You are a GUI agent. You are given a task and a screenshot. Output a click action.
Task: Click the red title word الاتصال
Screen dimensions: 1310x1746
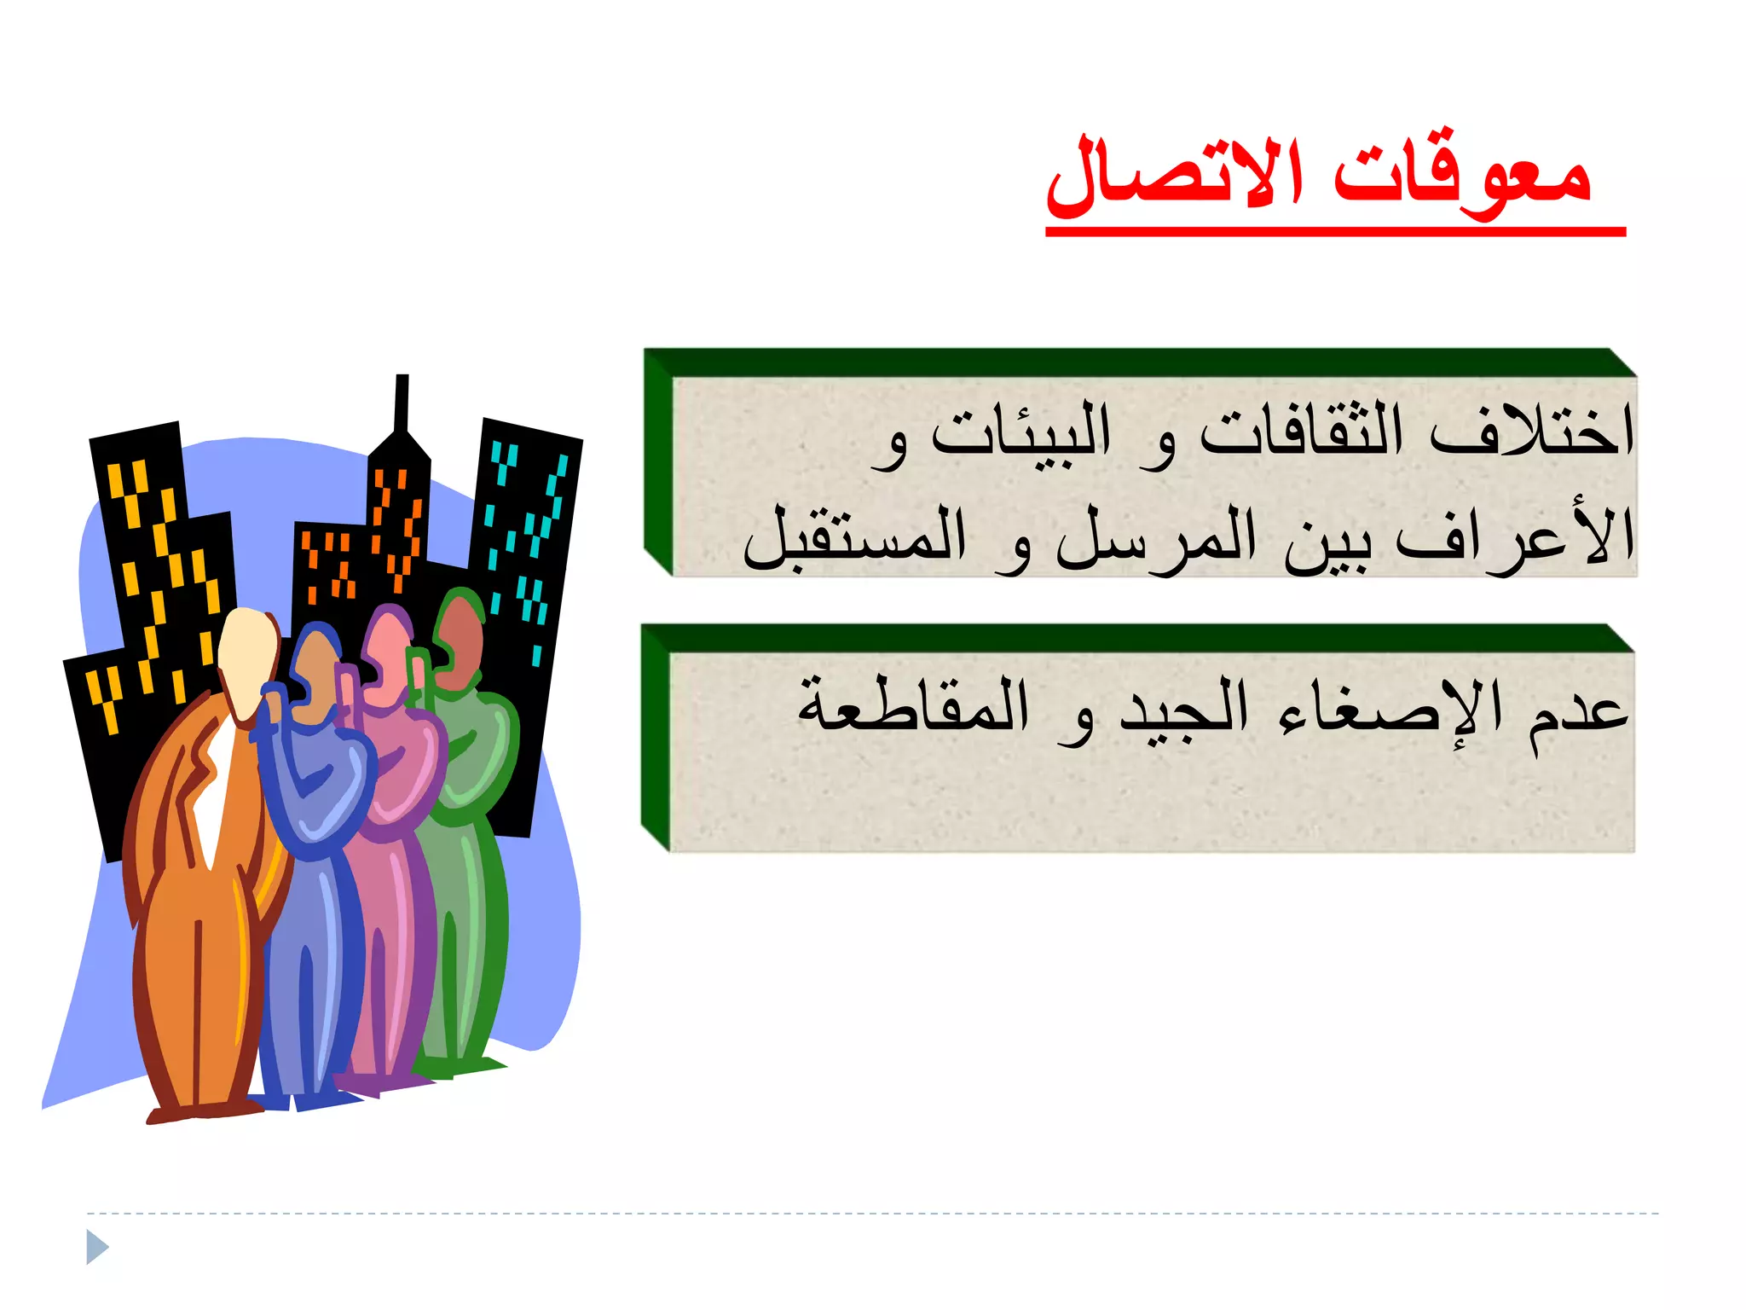click(1175, 176)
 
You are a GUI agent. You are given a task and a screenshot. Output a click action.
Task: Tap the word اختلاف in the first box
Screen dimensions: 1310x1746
click(1531, 432)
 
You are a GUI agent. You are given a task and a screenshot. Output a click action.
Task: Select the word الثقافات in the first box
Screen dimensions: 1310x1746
click(1301, 432)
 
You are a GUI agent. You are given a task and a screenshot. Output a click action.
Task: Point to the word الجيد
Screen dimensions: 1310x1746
click(1183, 713)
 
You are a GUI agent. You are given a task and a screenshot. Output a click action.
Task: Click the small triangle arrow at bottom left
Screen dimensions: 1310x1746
click(97, 1247)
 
